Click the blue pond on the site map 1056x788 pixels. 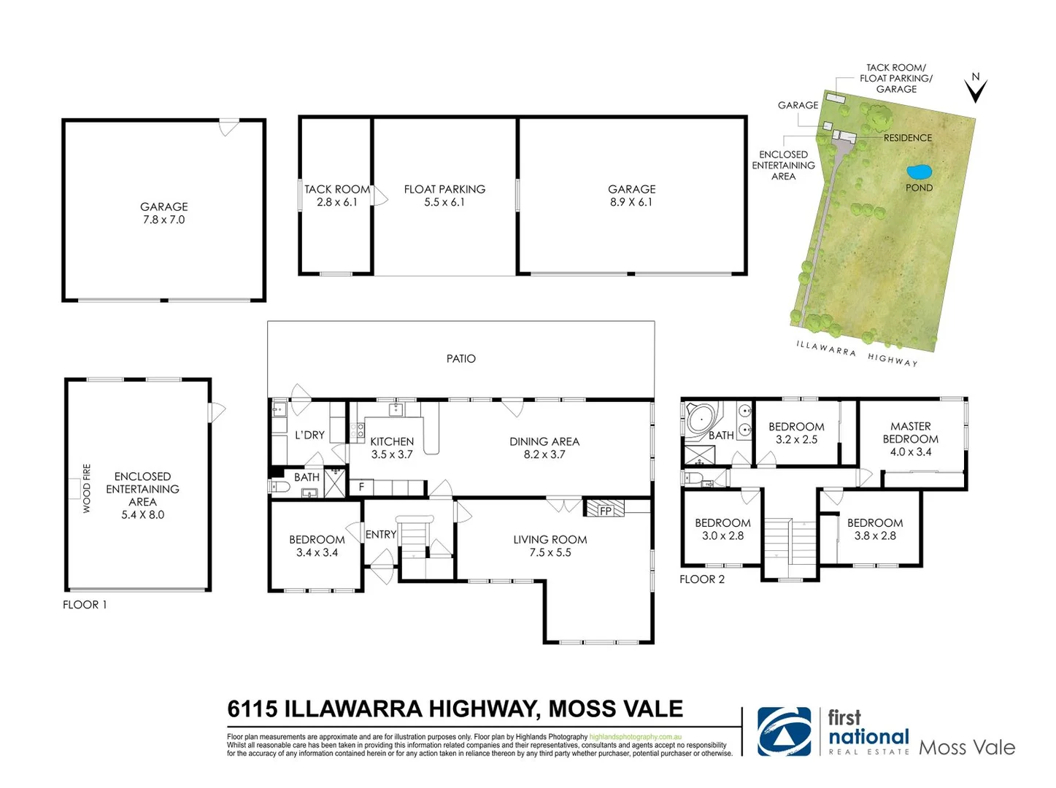919,172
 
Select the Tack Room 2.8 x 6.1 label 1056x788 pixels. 337,196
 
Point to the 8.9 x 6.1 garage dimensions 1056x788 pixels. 631,202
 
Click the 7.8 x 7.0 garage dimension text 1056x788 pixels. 164,220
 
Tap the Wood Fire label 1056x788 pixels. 87,488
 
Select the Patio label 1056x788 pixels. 460,359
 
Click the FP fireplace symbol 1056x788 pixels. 605,509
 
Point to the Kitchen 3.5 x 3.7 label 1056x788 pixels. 392,448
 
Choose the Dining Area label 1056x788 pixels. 544,441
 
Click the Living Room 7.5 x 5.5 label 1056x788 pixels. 550,546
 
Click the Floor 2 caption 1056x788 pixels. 702,579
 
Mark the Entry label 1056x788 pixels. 380,535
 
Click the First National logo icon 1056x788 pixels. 784,731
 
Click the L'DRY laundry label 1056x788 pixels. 309,435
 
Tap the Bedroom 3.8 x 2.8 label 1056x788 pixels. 875,529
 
